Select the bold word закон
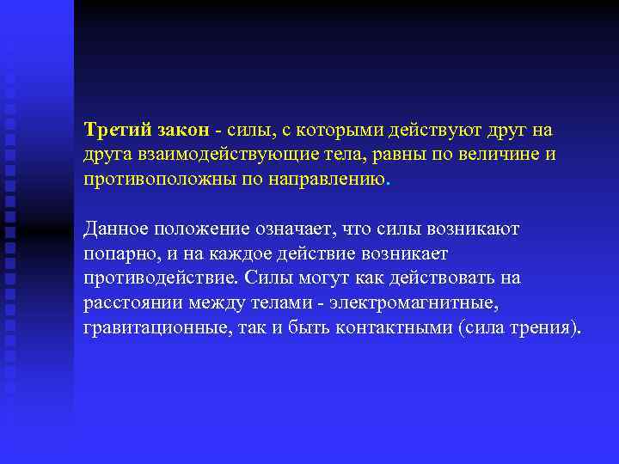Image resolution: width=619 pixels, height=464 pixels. pyautogui.click(x=183, y=130)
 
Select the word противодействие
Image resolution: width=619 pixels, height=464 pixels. pyautogui.click(x=161, y=279)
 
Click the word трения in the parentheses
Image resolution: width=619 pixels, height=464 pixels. pyautogui.click(x=541, y=329)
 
